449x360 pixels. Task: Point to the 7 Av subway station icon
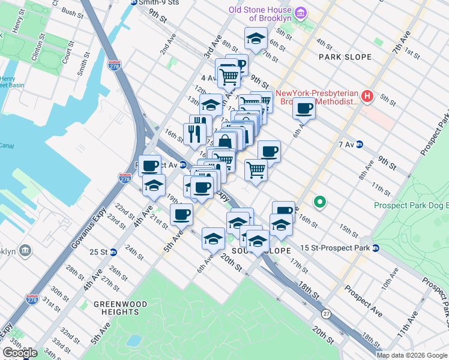(x=360, y=144)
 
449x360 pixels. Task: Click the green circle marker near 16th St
(x=321, y=202)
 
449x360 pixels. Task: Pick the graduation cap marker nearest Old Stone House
(x=256, y=38)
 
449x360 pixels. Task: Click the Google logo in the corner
(x=20, y=353)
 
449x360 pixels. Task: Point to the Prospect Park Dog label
(x=411, y=205)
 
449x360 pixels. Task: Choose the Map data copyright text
(x=412, y=355)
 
